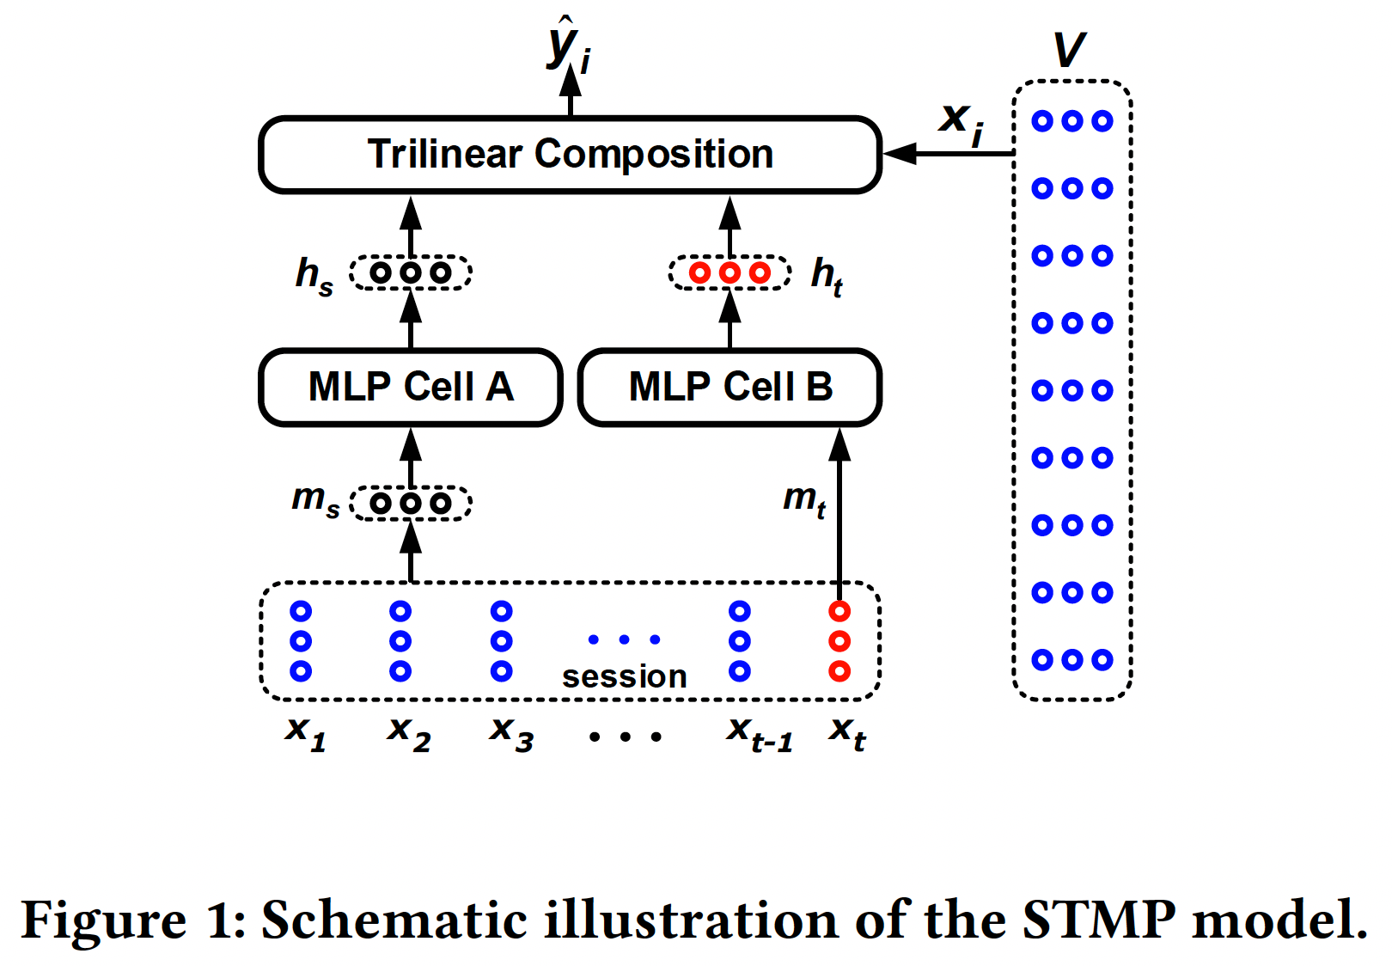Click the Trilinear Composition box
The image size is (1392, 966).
pos(570,155)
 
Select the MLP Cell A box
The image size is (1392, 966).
pos(410,387)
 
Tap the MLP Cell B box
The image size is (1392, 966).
pos(730,387)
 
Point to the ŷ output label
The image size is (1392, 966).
pos(568,47)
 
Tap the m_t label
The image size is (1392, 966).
pos(804,499)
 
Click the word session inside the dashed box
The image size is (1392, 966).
pos(625,676)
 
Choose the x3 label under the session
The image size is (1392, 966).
pos(511,732)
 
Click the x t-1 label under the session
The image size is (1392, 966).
pos(759,733)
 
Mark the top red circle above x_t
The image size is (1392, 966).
pos(839,611)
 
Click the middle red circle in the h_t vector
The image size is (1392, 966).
pos(730,273)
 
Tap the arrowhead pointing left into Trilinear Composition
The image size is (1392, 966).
pos(899,154)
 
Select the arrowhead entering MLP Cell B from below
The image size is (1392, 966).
pos(839,444)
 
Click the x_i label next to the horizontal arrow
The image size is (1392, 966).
pos(962,120)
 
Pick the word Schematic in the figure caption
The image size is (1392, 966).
pos(394,920)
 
